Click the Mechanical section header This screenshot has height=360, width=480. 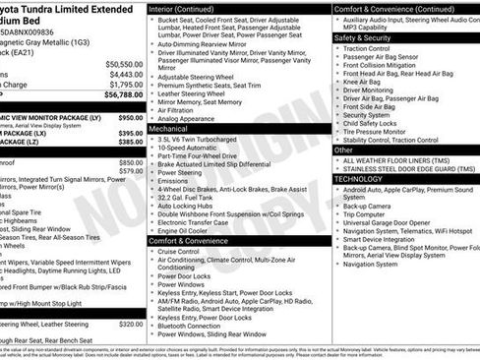pos(168,129)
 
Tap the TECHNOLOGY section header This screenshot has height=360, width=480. pos(358,179)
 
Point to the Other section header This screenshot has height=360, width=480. pos(343,150)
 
